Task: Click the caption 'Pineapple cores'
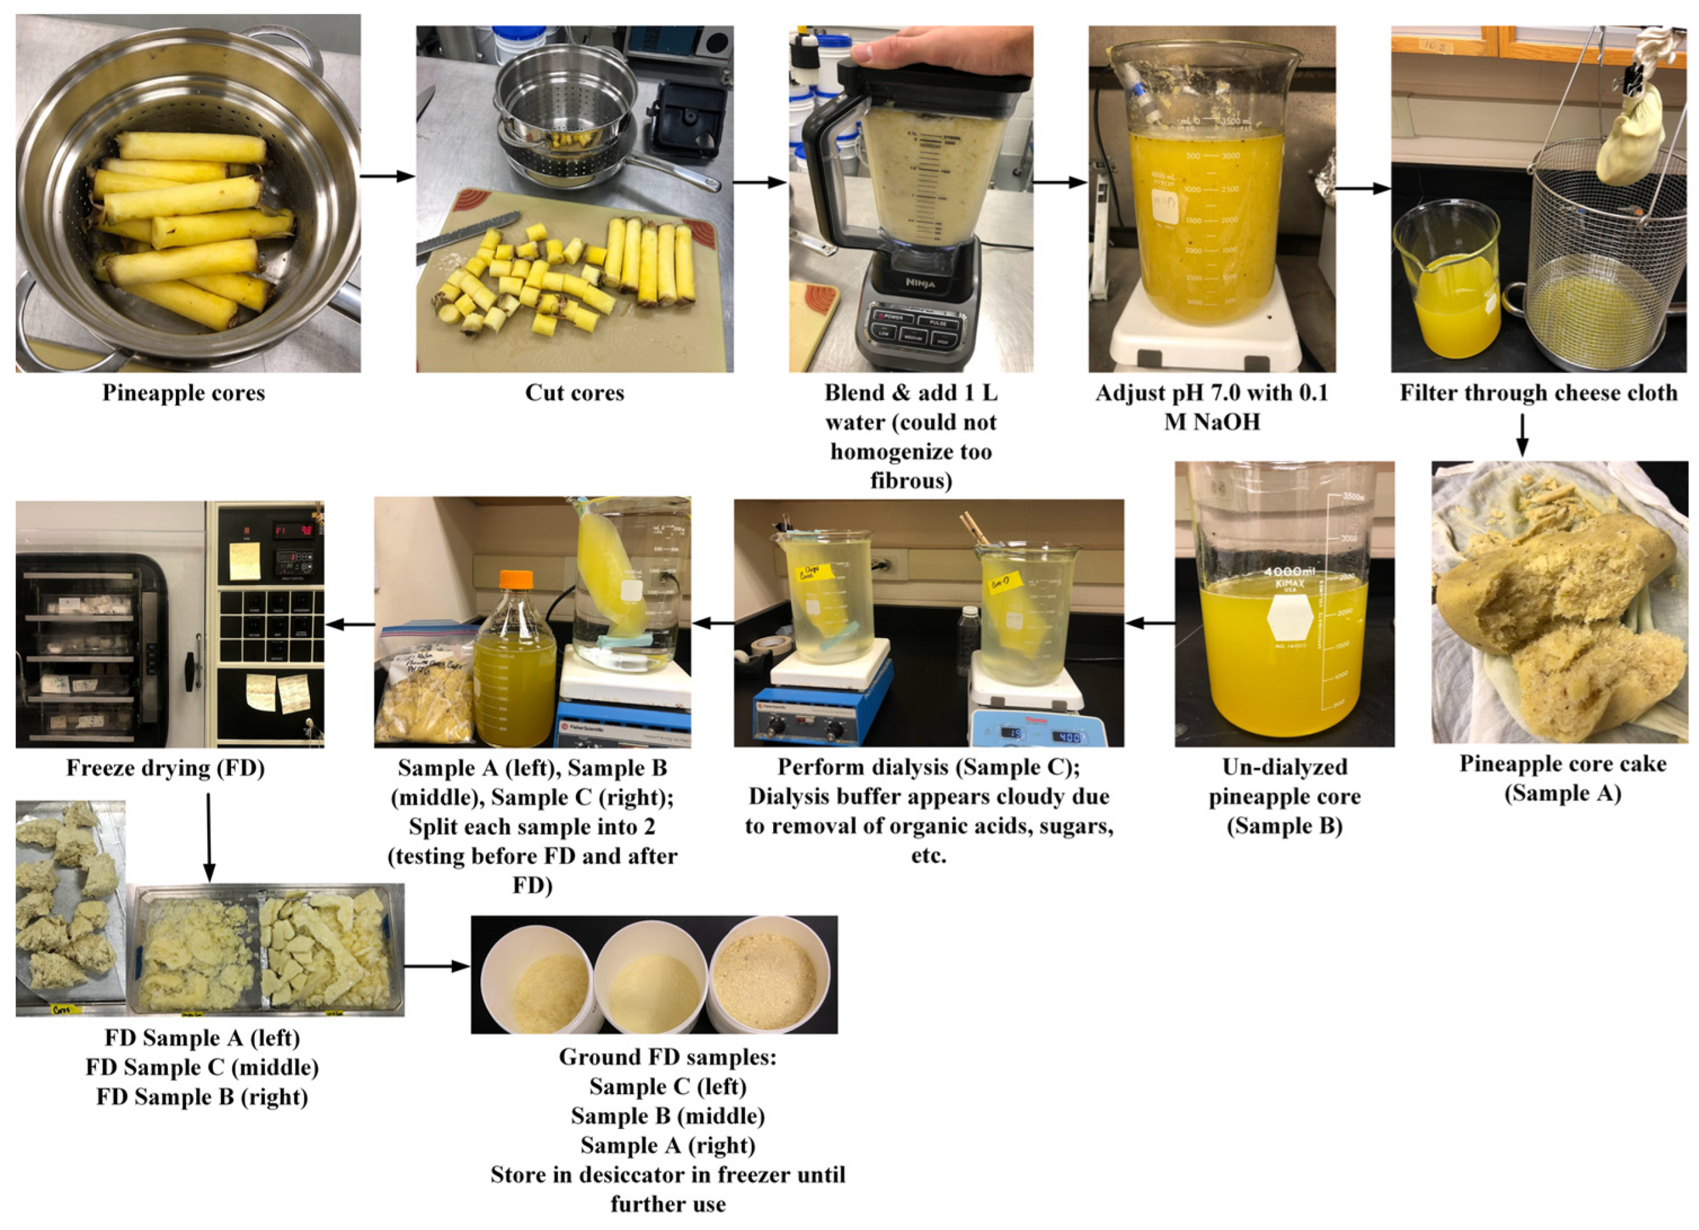183,393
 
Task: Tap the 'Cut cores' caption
574,393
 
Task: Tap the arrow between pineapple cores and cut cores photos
388,177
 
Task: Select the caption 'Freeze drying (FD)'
165,768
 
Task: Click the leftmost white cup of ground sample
536,976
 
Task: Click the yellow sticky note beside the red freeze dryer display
244,561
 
